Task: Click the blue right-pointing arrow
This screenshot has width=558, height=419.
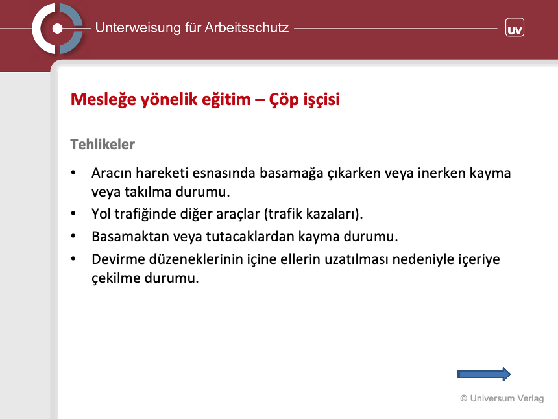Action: (x=483, y=374)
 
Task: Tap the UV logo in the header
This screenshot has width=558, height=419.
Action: (x=515, y=27)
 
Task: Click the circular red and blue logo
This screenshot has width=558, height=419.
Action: (x=57, y=29)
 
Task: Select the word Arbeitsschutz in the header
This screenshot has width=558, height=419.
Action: (x=247, y=28)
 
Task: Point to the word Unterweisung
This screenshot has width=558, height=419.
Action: (x=138, y=28)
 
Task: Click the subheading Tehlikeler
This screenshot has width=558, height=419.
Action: (x=103, y=145)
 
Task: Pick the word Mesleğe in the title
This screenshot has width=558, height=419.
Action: (x=104, y=99)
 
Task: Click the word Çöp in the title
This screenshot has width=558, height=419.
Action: (x=284, y=100)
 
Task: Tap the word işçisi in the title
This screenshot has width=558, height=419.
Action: (x=322, y=100)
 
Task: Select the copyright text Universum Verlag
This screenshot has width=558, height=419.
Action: (x=502, y=398)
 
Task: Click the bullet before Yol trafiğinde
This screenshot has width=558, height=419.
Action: (x=73, y=213)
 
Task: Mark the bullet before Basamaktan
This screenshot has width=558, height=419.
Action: (x=73, y=236)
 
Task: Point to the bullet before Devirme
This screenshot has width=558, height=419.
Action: (x=73, y=259)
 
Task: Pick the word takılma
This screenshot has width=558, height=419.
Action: (x=148, y=192)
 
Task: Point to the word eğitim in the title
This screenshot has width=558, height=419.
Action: (x=226, y=100)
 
